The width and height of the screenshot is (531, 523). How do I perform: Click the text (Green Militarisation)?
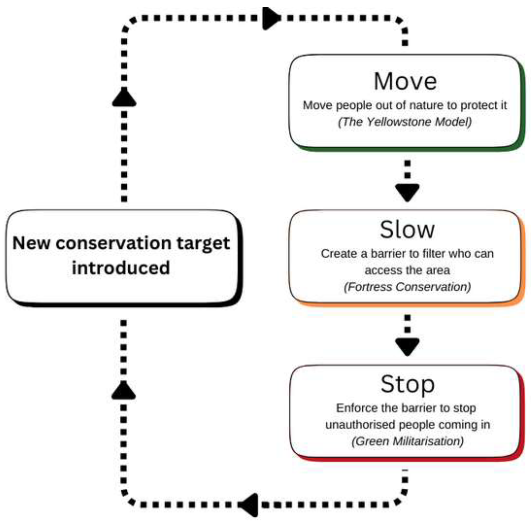[x=407, y=441]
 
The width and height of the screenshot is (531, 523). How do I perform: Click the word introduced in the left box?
[x=121, y=268]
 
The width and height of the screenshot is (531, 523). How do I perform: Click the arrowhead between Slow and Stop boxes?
[x=407, y=346]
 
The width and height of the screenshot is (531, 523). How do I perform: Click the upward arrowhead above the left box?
[x=124, y=98]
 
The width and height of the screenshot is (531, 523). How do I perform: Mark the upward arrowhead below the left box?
[x=124, y=391]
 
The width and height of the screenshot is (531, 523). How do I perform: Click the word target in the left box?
[x=203, y=244]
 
